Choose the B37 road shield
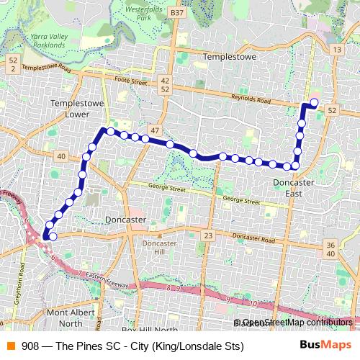click(178, 13)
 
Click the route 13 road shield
click(336, 49)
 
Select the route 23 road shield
click(208, 236)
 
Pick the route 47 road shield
click(156, 130)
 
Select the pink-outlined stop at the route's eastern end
click(314, 102)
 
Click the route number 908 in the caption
click(30, 346)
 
